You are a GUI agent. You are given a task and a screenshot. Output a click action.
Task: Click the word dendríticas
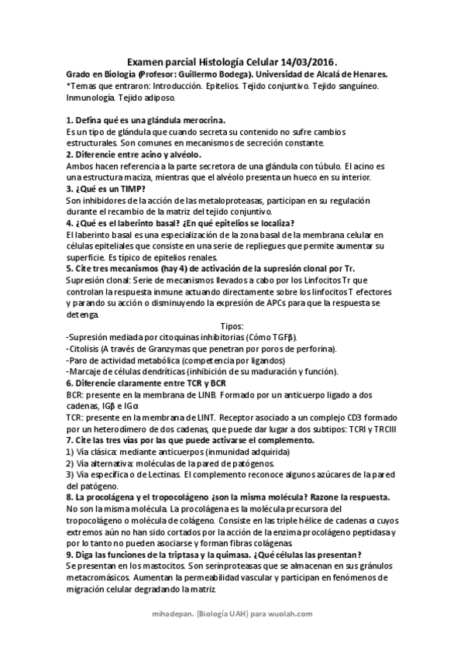click(x=158, y=371)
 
